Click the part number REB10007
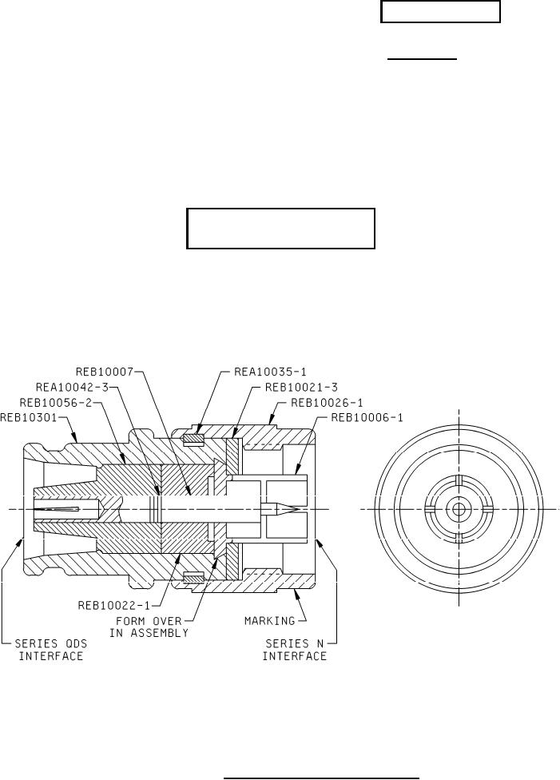pos(105,372)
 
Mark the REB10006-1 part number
pos(366,416)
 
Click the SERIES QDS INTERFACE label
pos(51,649)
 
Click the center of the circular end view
pos(459,509)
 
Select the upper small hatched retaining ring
pos(194,437)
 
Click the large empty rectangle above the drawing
pos(281,229)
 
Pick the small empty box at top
pos(440,13)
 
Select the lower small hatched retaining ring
pos(194,578)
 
